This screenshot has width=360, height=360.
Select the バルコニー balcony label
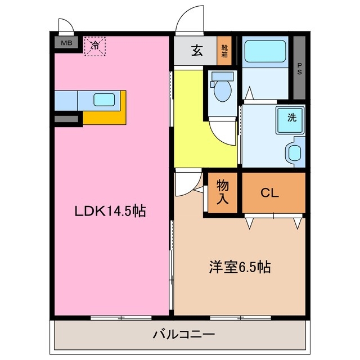(x=184, y=335)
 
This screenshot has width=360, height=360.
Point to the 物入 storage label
(x=223, y=193)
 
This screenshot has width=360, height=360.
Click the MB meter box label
(x=66, y=43)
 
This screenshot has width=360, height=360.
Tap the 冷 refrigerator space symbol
(x=96, y=46)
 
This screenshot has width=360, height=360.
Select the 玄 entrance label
(x=197, y=51)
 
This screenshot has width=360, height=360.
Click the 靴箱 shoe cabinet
(x=224, y=52)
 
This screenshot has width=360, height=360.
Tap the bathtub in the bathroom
(x=265, y=52)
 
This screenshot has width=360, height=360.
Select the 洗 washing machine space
(x=291, y=118)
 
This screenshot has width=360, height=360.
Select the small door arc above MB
(x=65, y=25)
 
